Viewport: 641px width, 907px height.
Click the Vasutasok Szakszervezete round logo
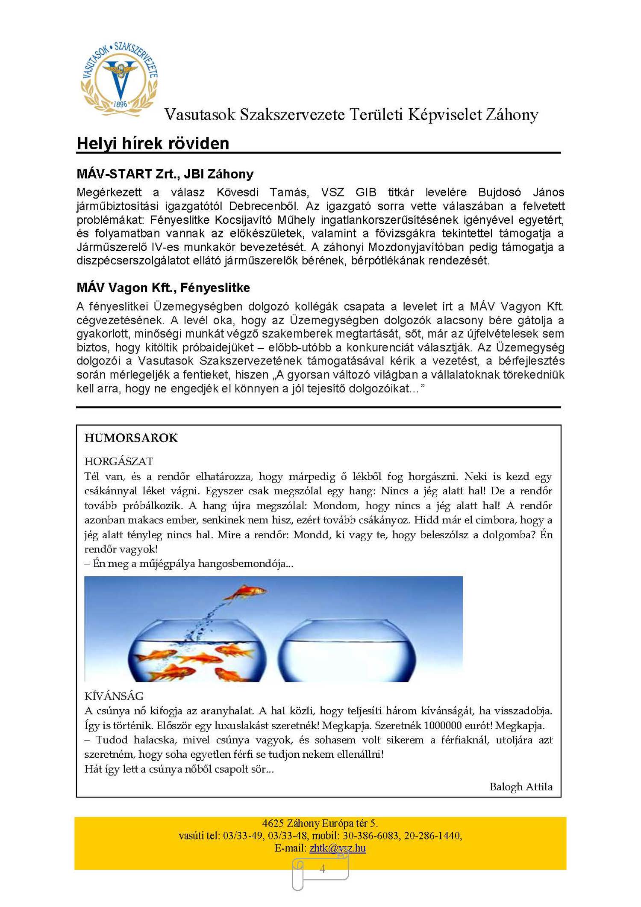click(120, 79)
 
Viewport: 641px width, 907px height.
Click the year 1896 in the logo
click(121, 104)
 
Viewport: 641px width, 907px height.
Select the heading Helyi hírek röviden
click(153, 143)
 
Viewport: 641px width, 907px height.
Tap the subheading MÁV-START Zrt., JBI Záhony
click(165, 174)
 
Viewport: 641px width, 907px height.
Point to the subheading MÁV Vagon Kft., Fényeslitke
click(163, 288)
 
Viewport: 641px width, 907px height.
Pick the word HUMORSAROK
click(131, 438)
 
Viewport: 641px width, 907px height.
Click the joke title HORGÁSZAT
click(119, 461)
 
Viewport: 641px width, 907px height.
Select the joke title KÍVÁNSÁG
click(114, 696)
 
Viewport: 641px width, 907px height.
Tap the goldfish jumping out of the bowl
click(245, 593)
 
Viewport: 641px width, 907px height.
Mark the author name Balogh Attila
click(521, 787)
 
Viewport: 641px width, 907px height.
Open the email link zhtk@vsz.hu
click(338, 848)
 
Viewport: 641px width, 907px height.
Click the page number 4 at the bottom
click(322, 869)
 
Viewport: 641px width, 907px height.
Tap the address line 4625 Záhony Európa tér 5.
click(320, 823)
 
